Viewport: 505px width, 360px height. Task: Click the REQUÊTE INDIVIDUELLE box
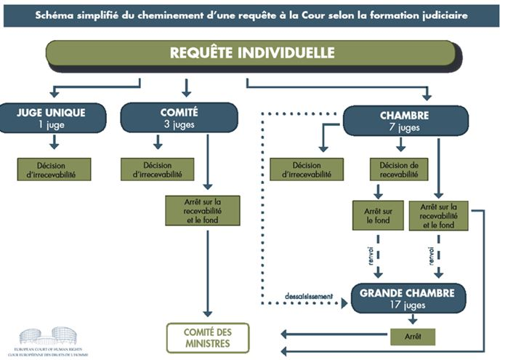pyautogui.click(x=252, y=53)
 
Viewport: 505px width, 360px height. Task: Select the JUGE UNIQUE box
pyautogui.click(x=51, y=117)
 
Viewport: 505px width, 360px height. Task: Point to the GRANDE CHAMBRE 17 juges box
pyautogui.click(x=408, y=297)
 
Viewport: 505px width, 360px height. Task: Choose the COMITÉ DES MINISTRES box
pyautogui.click(x=207, y=337)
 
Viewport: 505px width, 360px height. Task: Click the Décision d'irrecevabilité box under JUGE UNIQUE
pyautogui.click(x=55, y=169)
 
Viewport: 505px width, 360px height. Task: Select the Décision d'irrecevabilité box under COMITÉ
pyautogui.click(x=158, y=169)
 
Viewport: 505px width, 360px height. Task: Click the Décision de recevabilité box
pyautogui.click(x=399, y=169)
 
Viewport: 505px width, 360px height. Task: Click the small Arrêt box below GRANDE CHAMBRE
pyautogui.click(x=412, y=337)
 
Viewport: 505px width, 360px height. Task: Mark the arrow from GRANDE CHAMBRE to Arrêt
pyautogui.click(x=413, y=319)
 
